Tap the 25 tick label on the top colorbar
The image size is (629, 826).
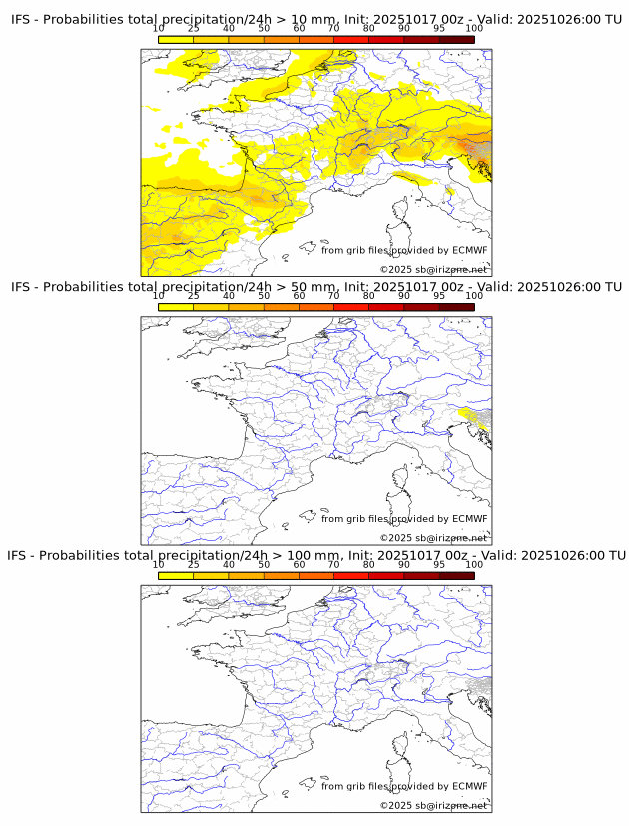[193, 29]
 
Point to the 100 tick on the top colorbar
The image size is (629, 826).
[474, 29]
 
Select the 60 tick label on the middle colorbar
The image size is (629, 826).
[299, 296]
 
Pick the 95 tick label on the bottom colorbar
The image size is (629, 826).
[439, 564]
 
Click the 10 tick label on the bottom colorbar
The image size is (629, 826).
[158, 564]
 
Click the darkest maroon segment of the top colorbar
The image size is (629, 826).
[456, 39]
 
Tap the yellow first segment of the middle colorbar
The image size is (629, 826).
[175, 306]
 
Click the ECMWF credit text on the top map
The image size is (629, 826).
[404, 250]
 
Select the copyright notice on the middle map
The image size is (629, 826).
[433, 538]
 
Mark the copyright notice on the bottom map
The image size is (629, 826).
[433, 805]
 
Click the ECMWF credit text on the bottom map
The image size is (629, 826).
[404, 786]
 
